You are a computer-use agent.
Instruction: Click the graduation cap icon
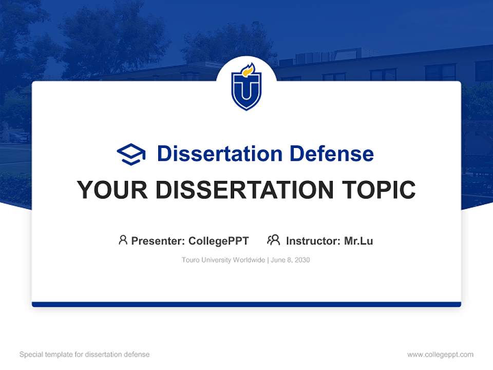131,154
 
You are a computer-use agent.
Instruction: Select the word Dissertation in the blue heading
220,154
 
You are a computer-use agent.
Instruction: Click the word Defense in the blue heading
331,154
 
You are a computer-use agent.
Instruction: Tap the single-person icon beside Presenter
123,240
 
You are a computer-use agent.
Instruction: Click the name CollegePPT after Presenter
219,241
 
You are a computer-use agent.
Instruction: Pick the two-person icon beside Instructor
273,240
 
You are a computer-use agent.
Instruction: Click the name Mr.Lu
358,241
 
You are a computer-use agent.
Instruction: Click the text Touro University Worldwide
222,260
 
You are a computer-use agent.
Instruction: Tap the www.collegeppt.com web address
440,355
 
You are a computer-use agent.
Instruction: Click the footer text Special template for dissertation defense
85,355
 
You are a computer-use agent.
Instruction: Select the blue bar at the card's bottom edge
246,304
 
